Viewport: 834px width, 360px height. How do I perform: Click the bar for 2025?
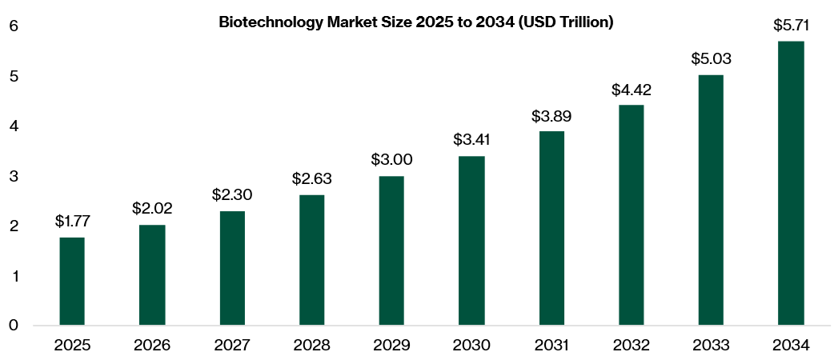(71, 282)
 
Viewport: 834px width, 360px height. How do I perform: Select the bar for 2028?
(311, 260)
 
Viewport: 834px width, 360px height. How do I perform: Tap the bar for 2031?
(551, 228)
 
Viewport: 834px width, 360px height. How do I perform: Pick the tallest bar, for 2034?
(791, 183)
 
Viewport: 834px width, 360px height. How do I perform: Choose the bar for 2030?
(471, 241)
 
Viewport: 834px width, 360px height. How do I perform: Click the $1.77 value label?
(72, 222)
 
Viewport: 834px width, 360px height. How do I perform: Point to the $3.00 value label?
(391, 159)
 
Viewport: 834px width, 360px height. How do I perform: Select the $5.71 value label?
(791, 26)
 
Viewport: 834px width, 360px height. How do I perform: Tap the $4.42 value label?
(632, 90)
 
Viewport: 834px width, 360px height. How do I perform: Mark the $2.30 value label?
(232, 194)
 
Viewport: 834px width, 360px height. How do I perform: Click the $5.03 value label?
(711, 59)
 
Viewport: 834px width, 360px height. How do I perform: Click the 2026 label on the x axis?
(152, 346)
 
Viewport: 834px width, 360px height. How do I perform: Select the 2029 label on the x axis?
(391, 346)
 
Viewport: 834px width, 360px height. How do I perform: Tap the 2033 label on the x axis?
(711, 346)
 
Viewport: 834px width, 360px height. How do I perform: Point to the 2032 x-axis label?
(632, 346)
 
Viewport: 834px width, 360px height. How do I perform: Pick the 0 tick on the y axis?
(14, 325)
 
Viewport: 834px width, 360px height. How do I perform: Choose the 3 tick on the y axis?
(14, 176)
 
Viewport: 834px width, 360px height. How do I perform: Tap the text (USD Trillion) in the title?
(565, 23)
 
